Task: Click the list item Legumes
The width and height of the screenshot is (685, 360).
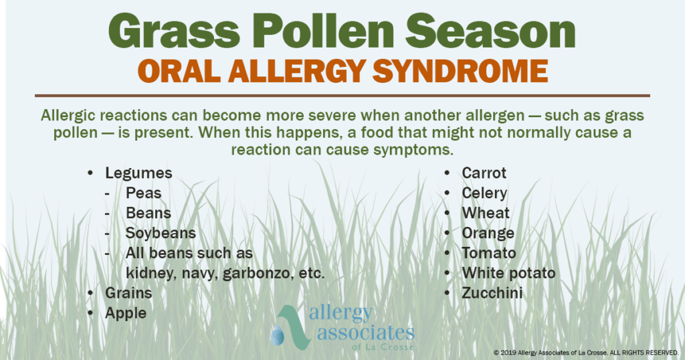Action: coord(138,173)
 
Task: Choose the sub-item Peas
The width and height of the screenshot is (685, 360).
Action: coord(143,193)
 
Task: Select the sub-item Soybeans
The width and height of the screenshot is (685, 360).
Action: coord(161,234)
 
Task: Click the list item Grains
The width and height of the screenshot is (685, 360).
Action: coord(128,293)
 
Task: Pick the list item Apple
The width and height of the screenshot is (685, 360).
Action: coord(126,312)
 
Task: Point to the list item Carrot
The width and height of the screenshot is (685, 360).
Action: coord(484,173)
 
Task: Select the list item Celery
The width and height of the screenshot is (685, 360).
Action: coord(484,193)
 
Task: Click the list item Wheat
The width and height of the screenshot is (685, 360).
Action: coord(486,213)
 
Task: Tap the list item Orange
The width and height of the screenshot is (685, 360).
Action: coord(488,234)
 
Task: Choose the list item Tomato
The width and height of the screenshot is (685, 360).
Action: coord(488,254)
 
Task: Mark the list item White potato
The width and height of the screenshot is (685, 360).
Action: coord(508,273)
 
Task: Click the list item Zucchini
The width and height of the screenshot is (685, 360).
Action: coord(492,293)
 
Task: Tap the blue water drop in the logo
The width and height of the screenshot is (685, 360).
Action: coord(276,334)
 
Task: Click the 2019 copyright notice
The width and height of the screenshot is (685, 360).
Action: coord(586,352)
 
